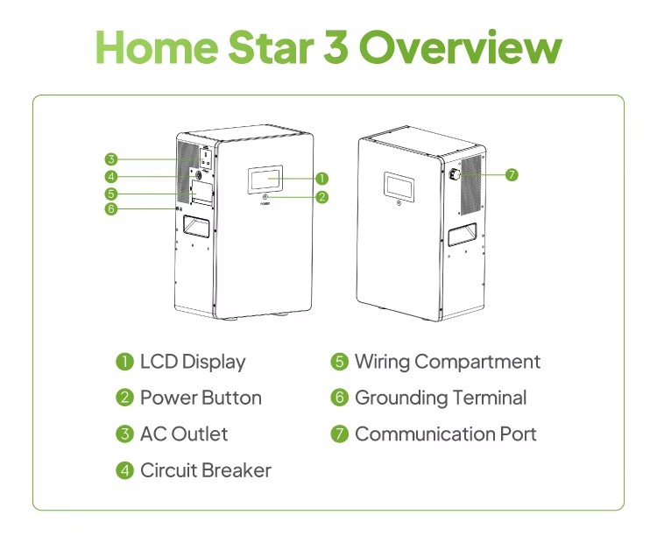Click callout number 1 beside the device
point(321,179)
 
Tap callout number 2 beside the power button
point(321,197)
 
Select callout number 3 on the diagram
point(111,159)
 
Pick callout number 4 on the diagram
point(111,177)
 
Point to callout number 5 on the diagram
point(111,194)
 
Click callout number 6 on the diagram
point(111,208)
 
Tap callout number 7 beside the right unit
point(512,174)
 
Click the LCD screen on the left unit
point(265,180)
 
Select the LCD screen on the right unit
point(399,187)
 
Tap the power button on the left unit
point(265,197)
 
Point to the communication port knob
point(454,174)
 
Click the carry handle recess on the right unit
point(463,235)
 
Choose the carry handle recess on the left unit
point(195,227)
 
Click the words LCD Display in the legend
point(193,363)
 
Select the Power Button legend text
point(201,398)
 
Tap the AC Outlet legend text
point(184,434)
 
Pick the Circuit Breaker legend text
point(206,470)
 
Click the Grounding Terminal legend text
point(441,398)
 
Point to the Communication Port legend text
point(446,434)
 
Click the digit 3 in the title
point(336,47)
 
